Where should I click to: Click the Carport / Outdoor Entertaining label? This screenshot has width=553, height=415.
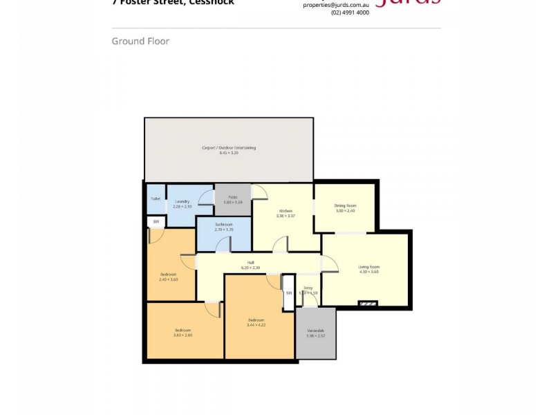[228, 147]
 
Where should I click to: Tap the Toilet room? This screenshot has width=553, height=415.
[156, 200]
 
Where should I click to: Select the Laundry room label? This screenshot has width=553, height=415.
[182, 201]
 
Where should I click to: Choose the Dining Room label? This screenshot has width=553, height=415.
[344, 205]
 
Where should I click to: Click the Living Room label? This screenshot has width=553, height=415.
[368, 267]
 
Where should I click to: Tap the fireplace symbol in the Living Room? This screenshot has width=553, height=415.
[368, 302]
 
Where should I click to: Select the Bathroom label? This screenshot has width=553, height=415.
[223, 225]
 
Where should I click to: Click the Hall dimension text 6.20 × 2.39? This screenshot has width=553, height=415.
[250, 267]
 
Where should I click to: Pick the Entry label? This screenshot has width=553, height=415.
[308, 288]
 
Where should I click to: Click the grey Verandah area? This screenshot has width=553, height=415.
[315, 333]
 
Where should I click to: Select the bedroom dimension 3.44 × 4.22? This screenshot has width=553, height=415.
[256, 324]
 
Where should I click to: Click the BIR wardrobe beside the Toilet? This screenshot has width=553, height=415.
[156, 222]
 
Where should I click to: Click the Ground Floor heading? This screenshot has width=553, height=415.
[140, 41]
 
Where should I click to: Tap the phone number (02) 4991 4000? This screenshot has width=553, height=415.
[350, 12]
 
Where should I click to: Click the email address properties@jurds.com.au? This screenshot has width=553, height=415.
[336, 4]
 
